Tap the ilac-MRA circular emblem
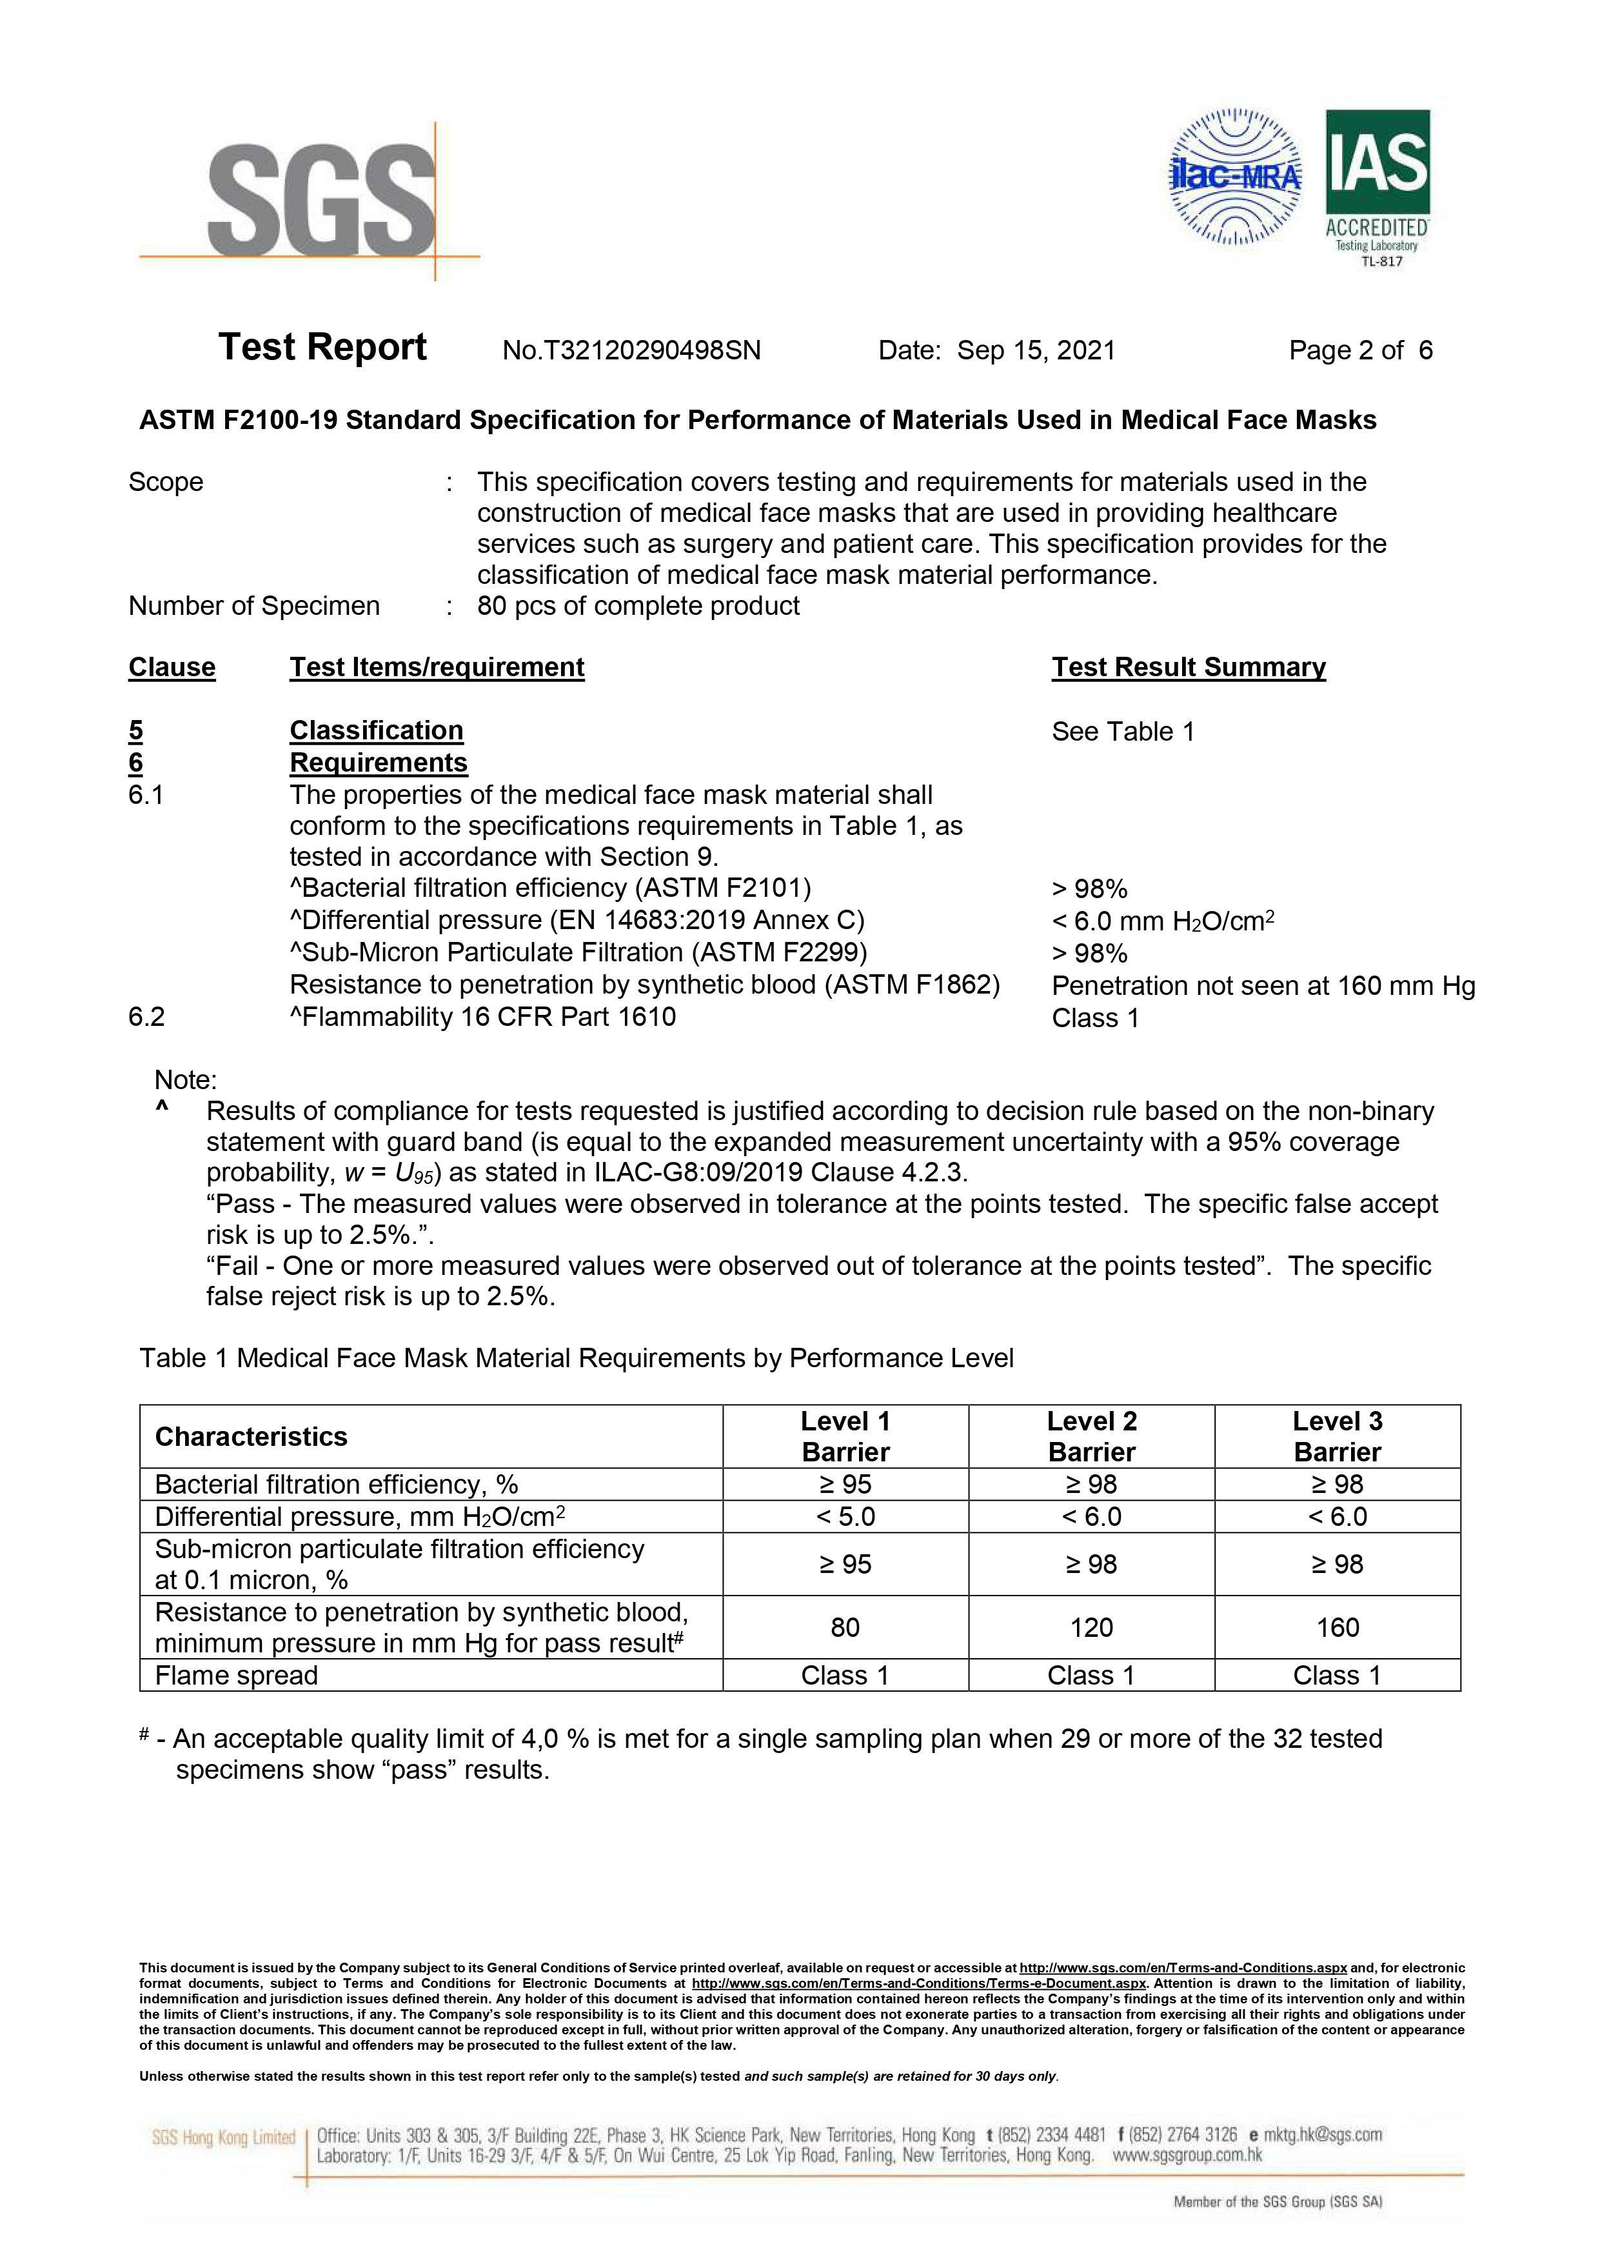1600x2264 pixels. point(1234,177)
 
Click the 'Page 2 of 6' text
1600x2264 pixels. point(1361,351)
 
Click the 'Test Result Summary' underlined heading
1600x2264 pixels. point(1188,668)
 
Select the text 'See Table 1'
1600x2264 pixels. point(1122,732)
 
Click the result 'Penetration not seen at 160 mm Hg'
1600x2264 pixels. point(1263,986)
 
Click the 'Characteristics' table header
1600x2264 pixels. point(252,1437)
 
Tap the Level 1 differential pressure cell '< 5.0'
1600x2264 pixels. point(845,1517)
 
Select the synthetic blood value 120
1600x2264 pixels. point(1091,1627)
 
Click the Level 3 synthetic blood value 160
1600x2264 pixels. point(1337,1627)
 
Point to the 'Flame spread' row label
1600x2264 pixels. point(237,1676)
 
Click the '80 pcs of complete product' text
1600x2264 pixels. point(638,606)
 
